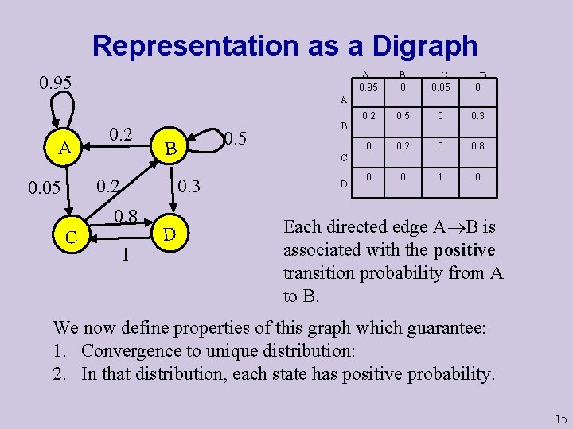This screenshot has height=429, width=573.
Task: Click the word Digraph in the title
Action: pyautogui.click(x=412, y=46)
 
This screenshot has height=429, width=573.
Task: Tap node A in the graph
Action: pyautogui.click(x=65, y=147)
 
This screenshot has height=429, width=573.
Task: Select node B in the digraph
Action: pyautogui.click(x=169, y=148)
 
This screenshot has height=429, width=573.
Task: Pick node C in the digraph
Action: pyautogui.click(x=72, y=237)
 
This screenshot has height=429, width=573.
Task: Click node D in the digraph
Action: pyautogui.click(x=169, y=234)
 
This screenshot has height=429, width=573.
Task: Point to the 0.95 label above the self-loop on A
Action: pyautogui.click(x=56, y=83)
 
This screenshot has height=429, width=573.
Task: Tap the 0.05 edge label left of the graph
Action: pyautogui.click(x=45, y=189)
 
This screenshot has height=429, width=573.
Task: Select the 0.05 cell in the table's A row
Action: pyautogui.click(x=441, y=86)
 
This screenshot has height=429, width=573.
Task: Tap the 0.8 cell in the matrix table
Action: pyautogui.click(x=477, y=147)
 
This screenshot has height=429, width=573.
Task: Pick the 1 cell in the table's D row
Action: pyautogui.click(x=441, y=178)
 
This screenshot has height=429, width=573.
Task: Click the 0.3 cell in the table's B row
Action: pyautogui.click(x=477, y=116)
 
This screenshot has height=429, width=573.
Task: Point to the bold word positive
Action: pyautogui.click(x=464, y=250)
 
